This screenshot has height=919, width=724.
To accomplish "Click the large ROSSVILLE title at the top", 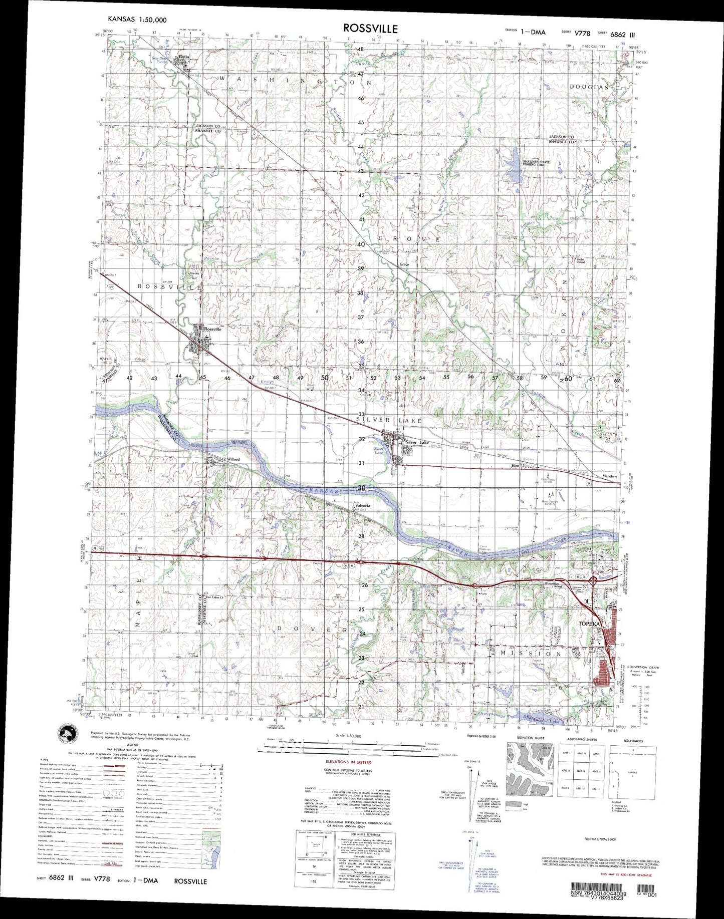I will (370, 28).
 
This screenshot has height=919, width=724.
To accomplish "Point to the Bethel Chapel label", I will (581, 260).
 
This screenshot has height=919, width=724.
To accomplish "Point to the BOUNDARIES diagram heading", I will (634, 740).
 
